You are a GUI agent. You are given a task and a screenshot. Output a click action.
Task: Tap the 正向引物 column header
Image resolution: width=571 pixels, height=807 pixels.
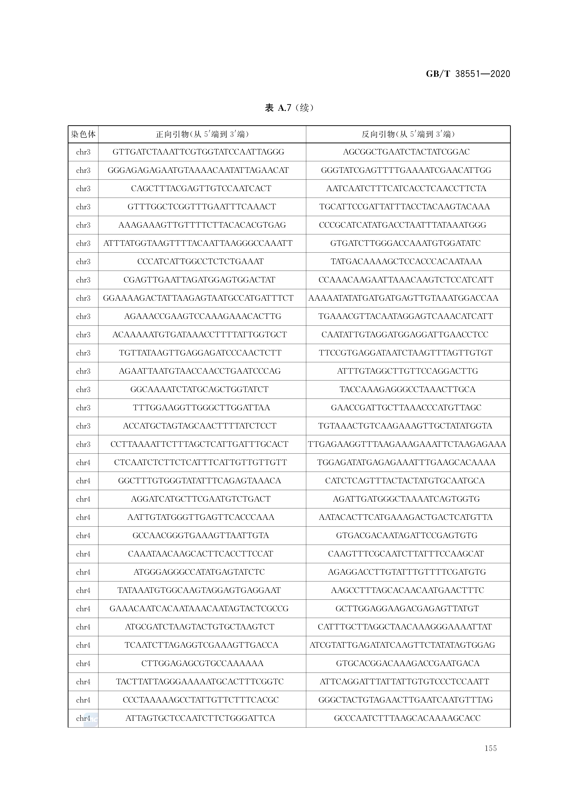[202, 134]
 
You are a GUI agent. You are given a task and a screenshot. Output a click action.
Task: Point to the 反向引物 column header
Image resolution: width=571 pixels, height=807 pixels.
[408, 134]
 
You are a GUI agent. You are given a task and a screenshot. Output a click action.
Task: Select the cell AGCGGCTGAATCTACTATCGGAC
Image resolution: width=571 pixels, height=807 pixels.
[406, 152]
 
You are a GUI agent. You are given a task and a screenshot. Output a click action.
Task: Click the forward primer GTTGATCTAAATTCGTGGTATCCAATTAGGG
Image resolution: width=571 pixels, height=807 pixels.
[198, 152]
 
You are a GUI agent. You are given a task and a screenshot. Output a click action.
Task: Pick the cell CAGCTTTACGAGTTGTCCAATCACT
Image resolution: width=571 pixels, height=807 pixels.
[201, 188]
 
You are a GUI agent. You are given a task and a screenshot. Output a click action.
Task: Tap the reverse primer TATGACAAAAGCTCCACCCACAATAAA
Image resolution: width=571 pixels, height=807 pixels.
[406, 261]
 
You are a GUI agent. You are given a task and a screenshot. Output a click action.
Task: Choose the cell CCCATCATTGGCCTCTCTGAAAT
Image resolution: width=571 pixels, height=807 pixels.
[200, 261]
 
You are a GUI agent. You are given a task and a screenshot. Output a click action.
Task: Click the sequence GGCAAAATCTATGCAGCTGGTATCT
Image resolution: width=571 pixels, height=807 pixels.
[199, 389]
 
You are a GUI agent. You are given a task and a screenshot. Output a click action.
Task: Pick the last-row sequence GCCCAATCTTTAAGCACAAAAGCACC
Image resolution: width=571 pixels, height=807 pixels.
[407, 718]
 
